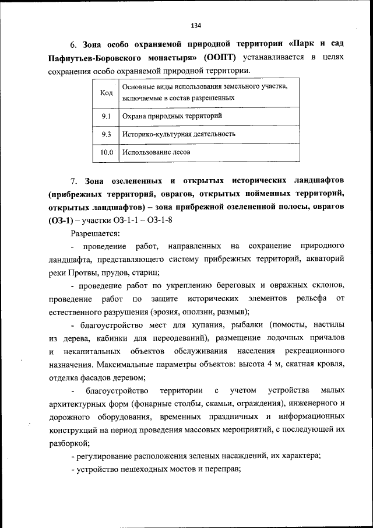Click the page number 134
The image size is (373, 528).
click(195, 25)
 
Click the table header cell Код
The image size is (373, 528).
click(106, 93)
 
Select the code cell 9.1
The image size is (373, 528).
click(106, 116)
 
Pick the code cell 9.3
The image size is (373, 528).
click(106, 134)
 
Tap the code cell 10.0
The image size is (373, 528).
click(106, 152)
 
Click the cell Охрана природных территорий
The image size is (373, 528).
click(172, 116)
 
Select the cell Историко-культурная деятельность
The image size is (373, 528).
click(178, 134)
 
